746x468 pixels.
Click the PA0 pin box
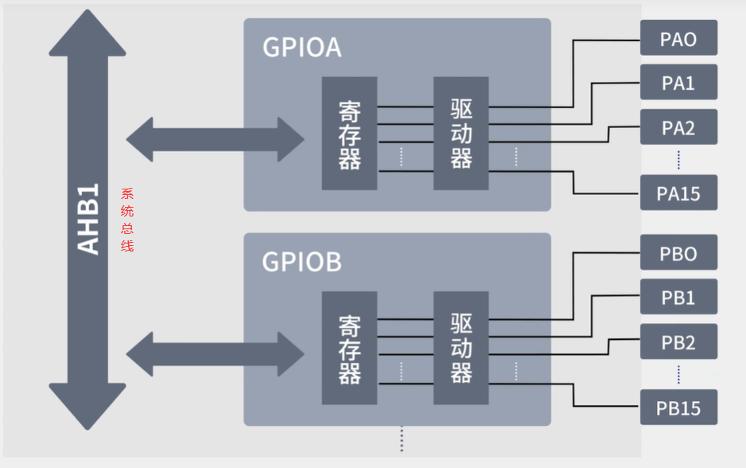(x=678, y=38)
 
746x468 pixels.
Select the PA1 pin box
(x=678, y=83)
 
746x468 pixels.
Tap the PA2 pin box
(x=678, y=127)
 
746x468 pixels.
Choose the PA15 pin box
(x=678, y=193)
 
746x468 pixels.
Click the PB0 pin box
(x=678, y=253)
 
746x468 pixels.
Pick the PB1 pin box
(x=678, y=298)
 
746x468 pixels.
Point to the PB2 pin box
(x=678, y=342)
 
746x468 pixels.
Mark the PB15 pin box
(x=678, y=408)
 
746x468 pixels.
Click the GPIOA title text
(x=302, y=48)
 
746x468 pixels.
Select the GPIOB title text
(x=302, y=262)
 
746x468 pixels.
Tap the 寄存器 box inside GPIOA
(x=349, y=134)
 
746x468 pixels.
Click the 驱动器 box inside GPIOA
(x=460, y=134)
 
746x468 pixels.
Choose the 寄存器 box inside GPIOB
(x=349, y=349)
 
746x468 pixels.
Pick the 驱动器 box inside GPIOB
(x=460, y=349)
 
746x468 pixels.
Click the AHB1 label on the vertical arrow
(x=88, y=219)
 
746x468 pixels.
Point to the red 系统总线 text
(x=127, y=220)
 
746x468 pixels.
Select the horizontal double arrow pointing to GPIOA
(x=215, y=139)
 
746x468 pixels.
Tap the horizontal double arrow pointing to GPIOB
(x=215, y=353)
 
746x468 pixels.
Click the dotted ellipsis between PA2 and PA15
(x=678, y=160)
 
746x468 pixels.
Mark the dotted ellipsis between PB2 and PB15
(x=678, y=374)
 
